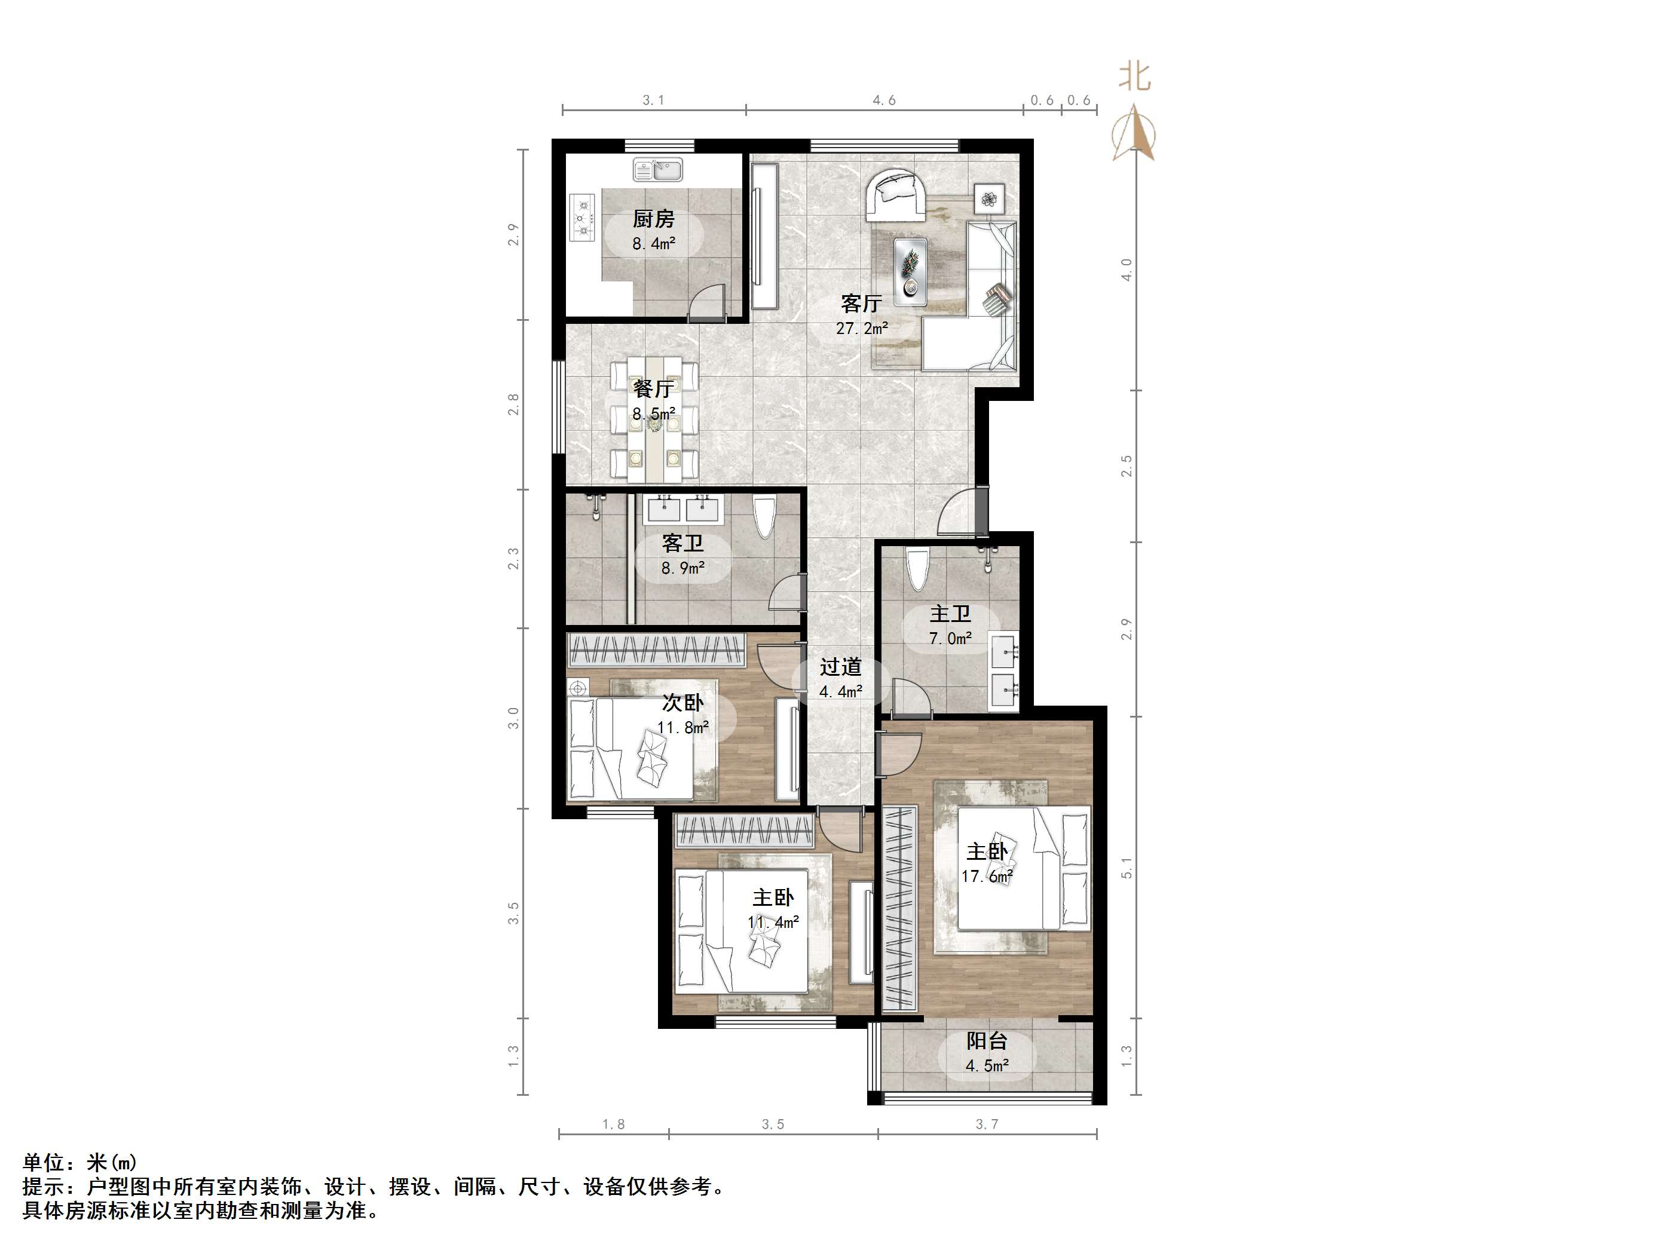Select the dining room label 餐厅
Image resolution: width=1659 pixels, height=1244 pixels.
tap(653, 388)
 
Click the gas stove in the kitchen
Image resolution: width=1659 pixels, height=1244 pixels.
tap(582, 218)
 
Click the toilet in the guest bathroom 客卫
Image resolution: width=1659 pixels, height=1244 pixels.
tap(764, 517)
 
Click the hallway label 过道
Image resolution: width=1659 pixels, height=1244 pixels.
tap(840, 667)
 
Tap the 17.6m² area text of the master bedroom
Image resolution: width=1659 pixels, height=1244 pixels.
tap(987, 876)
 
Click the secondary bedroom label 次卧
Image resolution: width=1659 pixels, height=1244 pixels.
tap(682, 703)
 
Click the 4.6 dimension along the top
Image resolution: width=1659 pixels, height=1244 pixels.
tap(884, 100)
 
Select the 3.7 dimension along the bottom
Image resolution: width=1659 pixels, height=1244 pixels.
tap(987, 1124)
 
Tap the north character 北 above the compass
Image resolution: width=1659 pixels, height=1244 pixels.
tap(1135, 77)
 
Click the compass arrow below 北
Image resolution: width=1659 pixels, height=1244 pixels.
tap(1134, 133)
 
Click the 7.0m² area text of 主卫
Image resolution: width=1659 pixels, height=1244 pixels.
tap(950, 639)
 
